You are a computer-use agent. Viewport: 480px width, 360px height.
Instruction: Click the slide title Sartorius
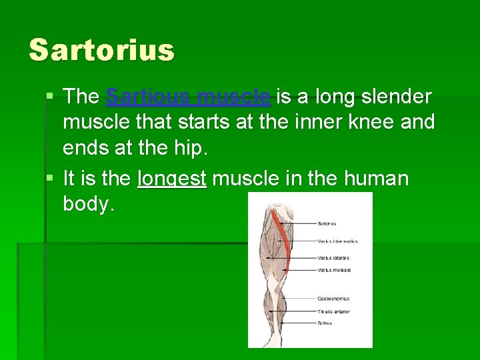pos(101,49)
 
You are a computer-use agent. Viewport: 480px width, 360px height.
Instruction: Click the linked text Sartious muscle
pos(188,97)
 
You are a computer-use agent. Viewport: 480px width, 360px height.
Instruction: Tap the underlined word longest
pos(172,179)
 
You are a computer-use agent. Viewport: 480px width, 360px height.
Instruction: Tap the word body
pos(88,204)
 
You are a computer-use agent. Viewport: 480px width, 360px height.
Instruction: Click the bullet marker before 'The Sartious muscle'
pos(52,97)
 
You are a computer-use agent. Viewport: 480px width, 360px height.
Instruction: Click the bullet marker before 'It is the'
pos(52,179)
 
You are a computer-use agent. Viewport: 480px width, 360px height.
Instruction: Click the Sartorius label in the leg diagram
pos(327,223)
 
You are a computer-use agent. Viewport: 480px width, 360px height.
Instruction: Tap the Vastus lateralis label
pos(333,257)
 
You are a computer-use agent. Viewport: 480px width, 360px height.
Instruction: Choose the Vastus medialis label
pos(333,270)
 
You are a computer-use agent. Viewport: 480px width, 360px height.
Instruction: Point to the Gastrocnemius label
pos(333,299)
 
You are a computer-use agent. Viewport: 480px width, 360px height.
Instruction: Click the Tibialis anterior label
pos(333,311)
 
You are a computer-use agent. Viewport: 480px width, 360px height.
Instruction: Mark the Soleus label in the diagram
pos(325,323)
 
